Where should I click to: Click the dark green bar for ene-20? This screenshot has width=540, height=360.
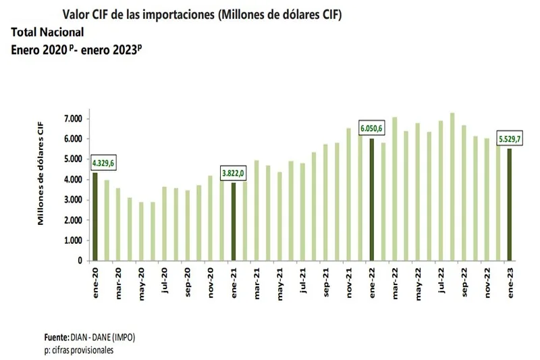point(95,217)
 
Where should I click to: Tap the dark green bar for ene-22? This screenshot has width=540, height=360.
point(371,199)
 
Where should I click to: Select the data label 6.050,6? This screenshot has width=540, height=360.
point(373,128)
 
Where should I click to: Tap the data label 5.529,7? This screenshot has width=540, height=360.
point(510,138)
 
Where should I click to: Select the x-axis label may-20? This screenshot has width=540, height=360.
point(142,279)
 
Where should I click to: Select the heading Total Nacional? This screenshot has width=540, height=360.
point(47,32)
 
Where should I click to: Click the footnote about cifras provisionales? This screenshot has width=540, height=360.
point(75,350)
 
